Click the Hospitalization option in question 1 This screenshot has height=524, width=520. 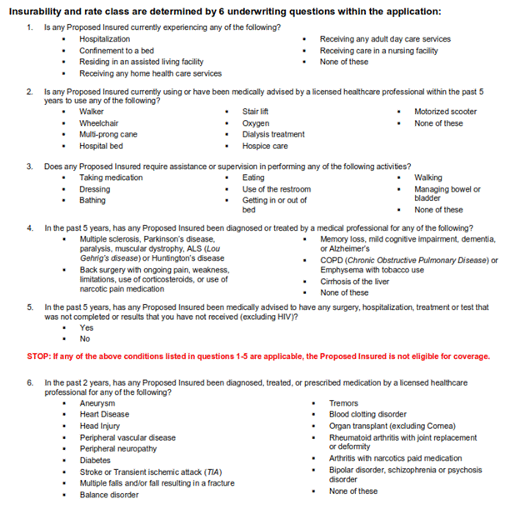point(104,39)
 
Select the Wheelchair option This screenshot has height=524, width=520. point(98,123)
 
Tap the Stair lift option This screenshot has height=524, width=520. point(255,112)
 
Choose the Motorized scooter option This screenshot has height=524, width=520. point(445,112)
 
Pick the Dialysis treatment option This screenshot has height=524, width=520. point(273,134)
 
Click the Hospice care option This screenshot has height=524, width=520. point(265,146)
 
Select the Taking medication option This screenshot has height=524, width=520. point(111,177)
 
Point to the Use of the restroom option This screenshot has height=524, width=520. point(276,189)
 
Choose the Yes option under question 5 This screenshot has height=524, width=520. point(86,327)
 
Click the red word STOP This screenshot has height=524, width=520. point(39,357)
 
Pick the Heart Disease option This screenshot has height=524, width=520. point(104,414)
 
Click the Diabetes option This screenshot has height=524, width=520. point(95,460)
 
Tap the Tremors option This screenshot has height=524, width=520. point(343,403)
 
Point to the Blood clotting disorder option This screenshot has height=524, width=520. point(367,414)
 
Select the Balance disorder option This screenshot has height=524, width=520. point(109,495)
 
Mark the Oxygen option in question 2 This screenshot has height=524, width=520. point(256,123)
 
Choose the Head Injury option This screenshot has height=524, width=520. point(100,426)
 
